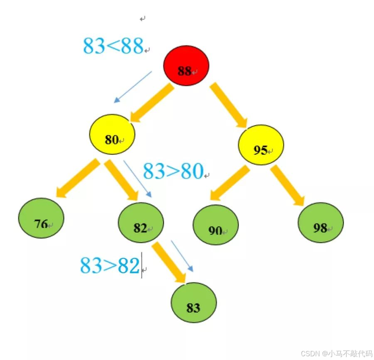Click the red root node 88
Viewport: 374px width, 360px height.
tap(186, 66)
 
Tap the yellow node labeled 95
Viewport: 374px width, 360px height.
tap(261, 145)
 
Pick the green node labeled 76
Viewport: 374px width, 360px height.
tap(41, 218)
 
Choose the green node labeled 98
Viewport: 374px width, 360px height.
tap(321, 223)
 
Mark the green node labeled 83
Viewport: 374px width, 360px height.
tap(193, 303)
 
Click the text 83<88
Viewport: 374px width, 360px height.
tap(113, 46)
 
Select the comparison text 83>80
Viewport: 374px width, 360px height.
tap(173, 171)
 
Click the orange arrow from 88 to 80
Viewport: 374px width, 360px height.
tap(150, 103)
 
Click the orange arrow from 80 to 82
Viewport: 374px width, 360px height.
tap(121, 180)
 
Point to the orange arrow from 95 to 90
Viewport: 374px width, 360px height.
tap(228, 183)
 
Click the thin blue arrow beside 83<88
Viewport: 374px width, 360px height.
tap(133, 87)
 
